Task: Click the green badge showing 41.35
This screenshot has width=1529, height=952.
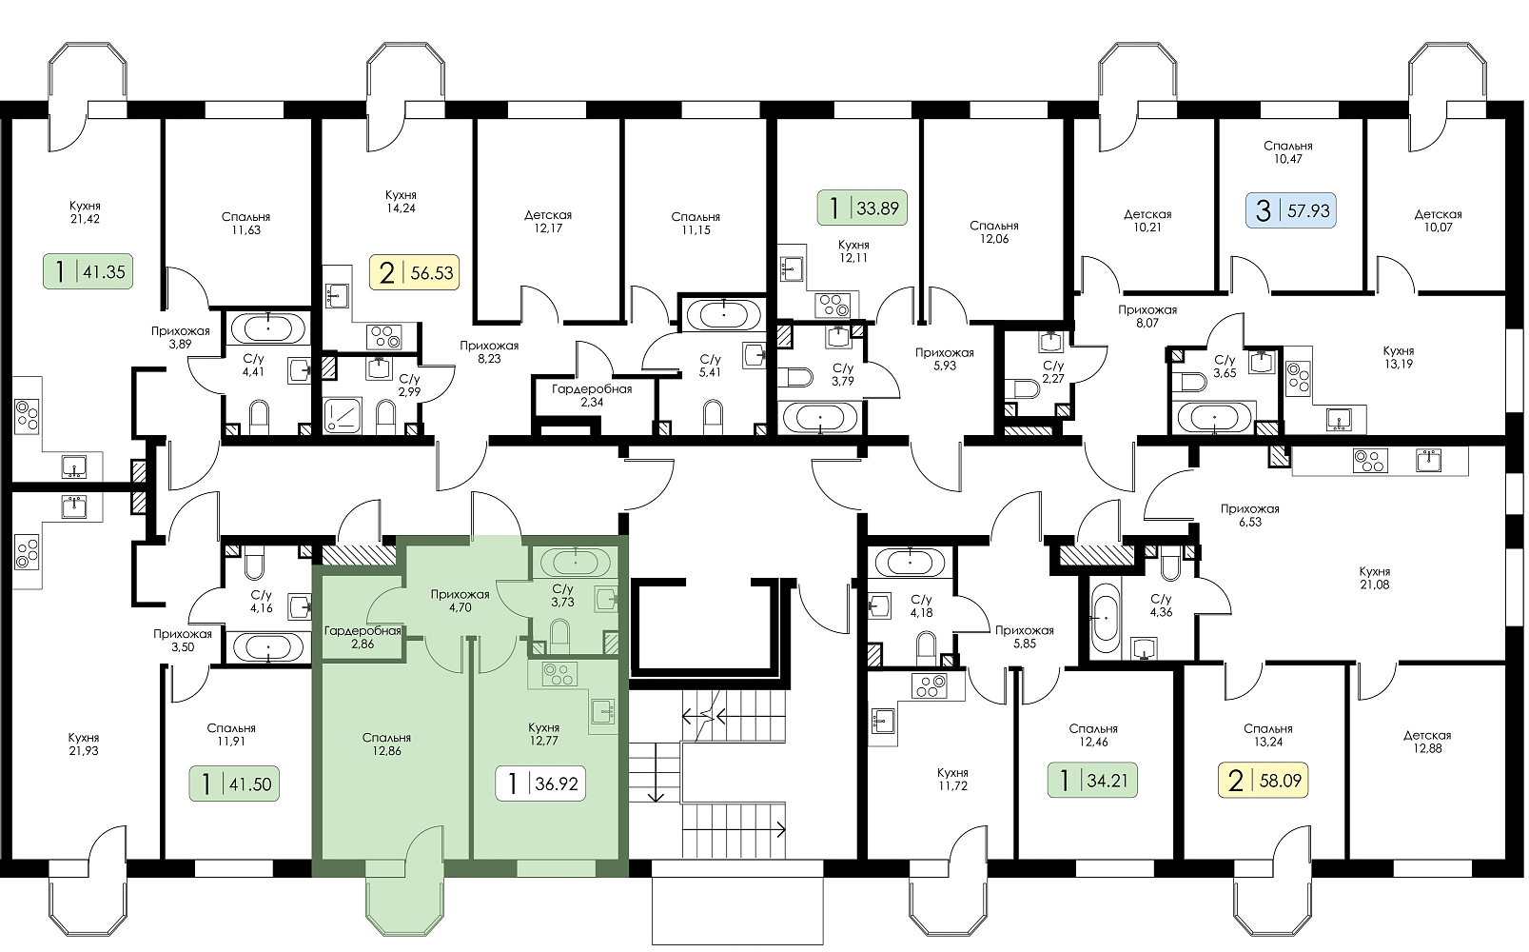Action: point(88,271)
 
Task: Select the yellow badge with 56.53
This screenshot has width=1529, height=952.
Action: point(414,272)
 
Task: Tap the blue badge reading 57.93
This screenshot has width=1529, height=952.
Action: point(1291,210)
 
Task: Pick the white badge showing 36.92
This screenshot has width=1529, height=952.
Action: point(540,783)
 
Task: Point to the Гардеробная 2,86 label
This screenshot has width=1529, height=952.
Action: point(363,637)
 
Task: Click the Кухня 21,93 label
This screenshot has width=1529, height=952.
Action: point(84,744)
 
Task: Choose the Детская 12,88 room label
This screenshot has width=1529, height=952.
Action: point(1427,742)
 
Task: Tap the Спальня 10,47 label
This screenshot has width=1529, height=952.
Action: point(1287,152)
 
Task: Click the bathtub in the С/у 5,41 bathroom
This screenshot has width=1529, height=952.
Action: point(723,314)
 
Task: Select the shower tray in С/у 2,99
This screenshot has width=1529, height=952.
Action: point(342,415)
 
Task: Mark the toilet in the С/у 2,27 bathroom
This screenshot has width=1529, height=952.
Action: point(1025,388)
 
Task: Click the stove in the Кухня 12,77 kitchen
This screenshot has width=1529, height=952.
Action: point(559,675)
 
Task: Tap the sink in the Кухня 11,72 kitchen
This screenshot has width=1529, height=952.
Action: point(883,720)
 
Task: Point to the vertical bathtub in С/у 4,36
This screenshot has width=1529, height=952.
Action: point(1104,616)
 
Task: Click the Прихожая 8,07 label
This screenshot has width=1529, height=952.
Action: point(1147,316)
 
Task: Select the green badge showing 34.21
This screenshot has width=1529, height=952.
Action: point(1092,780)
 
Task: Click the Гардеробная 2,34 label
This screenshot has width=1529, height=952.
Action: point(591,395)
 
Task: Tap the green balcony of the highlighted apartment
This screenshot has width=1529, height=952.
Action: point(404,905)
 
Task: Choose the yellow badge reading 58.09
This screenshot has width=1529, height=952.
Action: point(1264,780)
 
